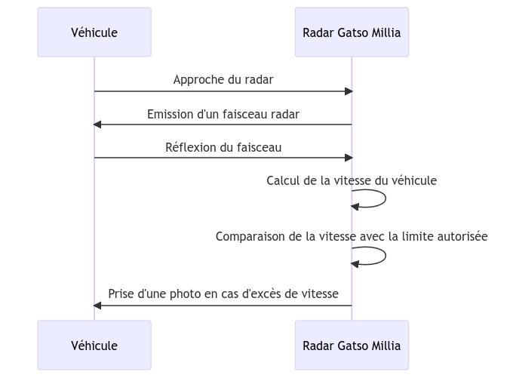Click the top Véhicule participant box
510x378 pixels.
pos(94,32)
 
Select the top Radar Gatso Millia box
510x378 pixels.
pos(351,32)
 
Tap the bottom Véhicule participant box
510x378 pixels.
pos(94,346)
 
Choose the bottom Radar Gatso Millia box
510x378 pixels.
pos(351,346)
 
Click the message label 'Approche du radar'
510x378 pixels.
pos(223,79)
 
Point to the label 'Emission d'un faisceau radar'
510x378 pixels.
pos(223,114)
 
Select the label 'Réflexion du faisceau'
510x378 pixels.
pos(223,147)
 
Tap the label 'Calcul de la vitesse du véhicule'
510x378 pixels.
pos(351,181)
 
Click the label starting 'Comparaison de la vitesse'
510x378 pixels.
pos(351,236)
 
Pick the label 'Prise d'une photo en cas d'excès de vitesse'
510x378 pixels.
pos(223,293)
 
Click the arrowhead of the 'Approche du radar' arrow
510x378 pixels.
pos(349,91)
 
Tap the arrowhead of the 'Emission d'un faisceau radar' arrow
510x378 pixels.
pos(97,124)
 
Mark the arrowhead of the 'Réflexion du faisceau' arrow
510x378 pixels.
pos(349,158)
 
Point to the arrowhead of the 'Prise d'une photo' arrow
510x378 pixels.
pos(97,305)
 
